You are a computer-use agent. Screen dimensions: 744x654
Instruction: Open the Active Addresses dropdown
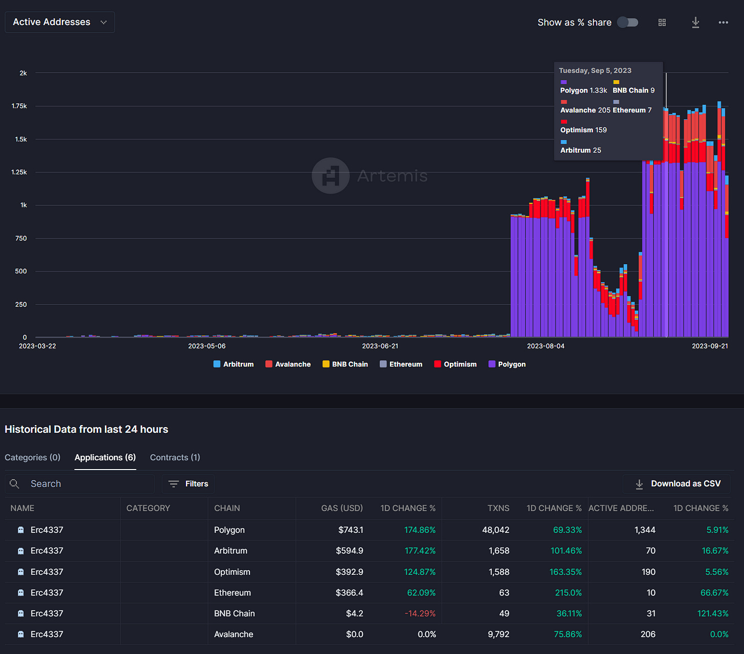pyautogui.click(x=59, y=22)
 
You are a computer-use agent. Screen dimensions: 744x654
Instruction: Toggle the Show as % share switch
pyautogui.click(x=627, y=22)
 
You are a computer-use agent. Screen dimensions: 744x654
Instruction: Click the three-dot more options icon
pyautogui.click(x=723, y=22)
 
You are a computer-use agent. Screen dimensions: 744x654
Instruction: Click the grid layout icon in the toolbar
pyautogui.click(x=662, y=22)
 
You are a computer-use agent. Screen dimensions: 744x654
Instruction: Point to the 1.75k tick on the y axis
pyautogui.click(x=19, y=106)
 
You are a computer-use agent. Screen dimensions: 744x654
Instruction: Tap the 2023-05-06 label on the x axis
pyautogui.click(x=207, y=346)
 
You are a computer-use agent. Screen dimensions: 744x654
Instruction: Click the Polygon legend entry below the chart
pyautogui.click(x=507, y=364)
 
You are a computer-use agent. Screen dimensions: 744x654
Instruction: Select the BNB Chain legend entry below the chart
pyautogui.click(x=345, y=364)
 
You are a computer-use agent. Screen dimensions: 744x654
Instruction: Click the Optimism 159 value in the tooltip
pyautogui.click(x=584, y=130)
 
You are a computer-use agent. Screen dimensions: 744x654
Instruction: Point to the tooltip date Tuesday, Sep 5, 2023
pyautogui.click(x=595, y=71)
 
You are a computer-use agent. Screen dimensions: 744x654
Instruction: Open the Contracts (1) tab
pyautogui.click(x=175, y=457)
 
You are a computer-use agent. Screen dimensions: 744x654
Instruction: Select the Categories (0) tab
pyautogui.click(x=32, y=457)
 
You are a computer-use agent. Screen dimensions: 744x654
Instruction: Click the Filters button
pyautogui.click(x=189, y=484)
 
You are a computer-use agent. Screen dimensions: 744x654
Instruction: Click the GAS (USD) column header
pyautogui.click(x=342, y=508)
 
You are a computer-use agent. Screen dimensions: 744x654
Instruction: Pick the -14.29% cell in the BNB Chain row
pyautogui.click(x=420, y=613)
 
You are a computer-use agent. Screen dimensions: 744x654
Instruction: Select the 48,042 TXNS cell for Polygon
pyautogui.click(x=495, y=530)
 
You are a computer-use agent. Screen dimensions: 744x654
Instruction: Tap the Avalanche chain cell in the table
pyautogui.click(x=234, y=634)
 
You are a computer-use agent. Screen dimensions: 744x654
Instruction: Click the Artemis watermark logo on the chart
pyautogui.click(x=331, y=176)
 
